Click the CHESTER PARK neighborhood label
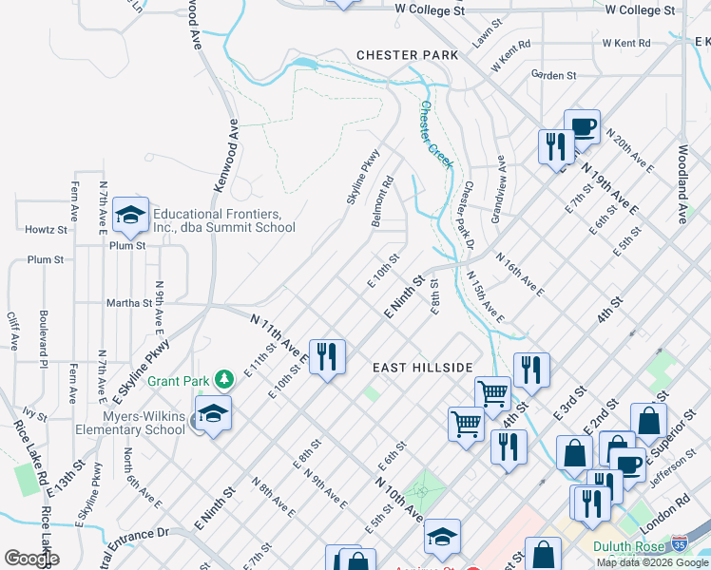407,56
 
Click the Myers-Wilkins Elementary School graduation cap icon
212,415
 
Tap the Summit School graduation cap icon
130,216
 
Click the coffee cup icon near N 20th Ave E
581,126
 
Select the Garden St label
554,75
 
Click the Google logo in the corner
31,558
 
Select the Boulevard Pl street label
44,338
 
